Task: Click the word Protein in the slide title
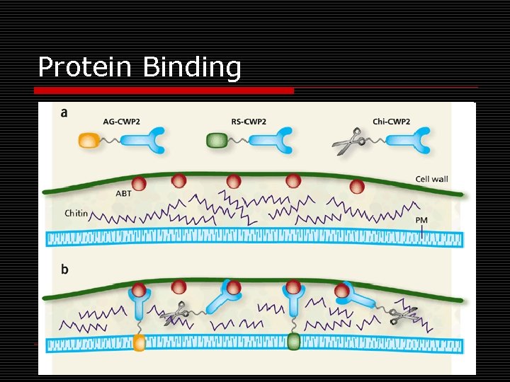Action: pos(86,68)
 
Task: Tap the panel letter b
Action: pos(65,270)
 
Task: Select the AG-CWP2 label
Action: pos(122,122)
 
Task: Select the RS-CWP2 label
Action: pos(249,122)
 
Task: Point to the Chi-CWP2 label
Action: pos(391,122)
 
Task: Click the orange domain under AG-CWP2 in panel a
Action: pos(89,141)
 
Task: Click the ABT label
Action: pos(123,192)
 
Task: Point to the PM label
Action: pos(421,221)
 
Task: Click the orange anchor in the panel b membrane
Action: pos(139,344)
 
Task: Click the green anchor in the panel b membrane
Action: pos(293,344)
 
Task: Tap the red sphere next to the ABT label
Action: pos(139,184)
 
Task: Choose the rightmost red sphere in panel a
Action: pos(357,186)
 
